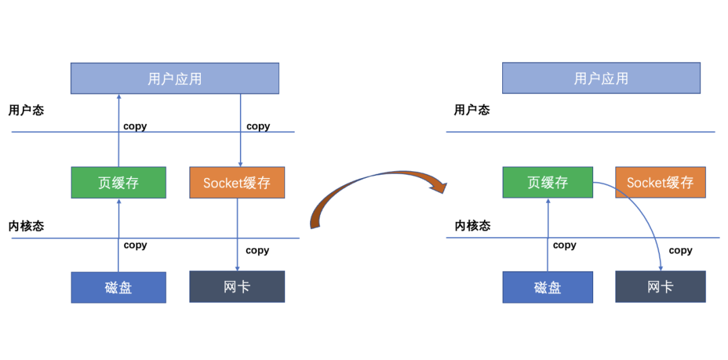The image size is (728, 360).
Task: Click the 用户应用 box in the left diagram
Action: coord(175,78)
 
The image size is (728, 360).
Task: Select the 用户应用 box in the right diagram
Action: coord(601,78)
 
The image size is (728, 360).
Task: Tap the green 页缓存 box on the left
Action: coord(118,182)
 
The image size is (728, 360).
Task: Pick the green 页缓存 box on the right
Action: coord(547,182)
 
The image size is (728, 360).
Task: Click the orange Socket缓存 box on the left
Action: coord(237,182)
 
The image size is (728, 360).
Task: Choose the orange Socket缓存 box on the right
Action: coord(660,182)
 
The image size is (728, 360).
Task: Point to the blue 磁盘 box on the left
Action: coord(118,287)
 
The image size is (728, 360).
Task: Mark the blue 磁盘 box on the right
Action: coord(547,287)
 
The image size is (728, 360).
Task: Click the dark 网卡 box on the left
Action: coord(237,287)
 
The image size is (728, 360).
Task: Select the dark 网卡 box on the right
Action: coord(660,287)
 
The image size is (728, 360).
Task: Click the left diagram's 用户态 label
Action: coord(26,110)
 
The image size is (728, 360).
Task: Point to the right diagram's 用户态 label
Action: coord(472,110)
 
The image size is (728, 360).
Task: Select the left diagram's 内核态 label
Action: coord(26,226)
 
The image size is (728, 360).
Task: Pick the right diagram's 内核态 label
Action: coord(472,226)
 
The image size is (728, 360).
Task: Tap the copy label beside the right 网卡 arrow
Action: coord(680,250)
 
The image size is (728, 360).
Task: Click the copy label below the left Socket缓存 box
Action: coord(257,250)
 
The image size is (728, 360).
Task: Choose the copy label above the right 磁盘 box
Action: coord(564,245)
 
